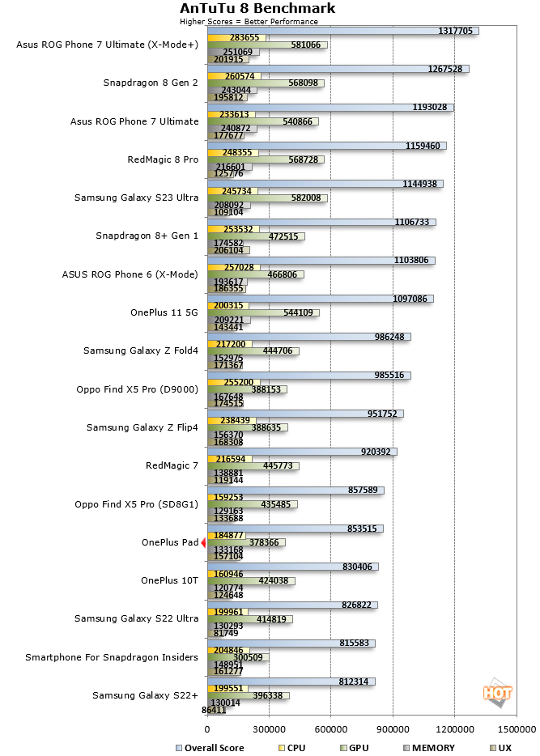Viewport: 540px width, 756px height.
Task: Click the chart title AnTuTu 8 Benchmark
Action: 257,8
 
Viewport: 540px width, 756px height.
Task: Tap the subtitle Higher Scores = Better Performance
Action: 249,21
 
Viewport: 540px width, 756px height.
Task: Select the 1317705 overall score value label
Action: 455,31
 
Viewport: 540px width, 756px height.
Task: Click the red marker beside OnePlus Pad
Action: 203,542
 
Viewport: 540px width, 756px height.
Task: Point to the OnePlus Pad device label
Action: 170,542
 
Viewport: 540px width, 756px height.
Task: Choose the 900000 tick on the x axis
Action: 393,729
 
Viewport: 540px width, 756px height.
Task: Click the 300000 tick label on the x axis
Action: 269,729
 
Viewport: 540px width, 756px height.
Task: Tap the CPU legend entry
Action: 292,748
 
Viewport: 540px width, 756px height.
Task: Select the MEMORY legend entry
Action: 428,748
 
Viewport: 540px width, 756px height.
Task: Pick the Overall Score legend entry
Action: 210,748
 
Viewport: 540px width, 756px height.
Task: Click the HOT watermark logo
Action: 497,693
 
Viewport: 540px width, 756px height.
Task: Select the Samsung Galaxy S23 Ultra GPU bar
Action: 268,198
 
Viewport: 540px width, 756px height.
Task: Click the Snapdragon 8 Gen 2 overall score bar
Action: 338,69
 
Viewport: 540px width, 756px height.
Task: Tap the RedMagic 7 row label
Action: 172,465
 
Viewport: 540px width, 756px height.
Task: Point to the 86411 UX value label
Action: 214,710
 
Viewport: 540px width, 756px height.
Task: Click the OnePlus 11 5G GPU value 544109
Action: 298,312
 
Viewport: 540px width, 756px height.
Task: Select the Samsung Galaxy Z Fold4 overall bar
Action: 309,337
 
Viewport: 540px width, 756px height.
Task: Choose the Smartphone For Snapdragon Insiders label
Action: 112,657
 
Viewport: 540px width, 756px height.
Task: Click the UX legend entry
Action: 500,748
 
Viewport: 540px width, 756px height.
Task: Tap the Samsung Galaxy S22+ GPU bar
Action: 249,696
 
